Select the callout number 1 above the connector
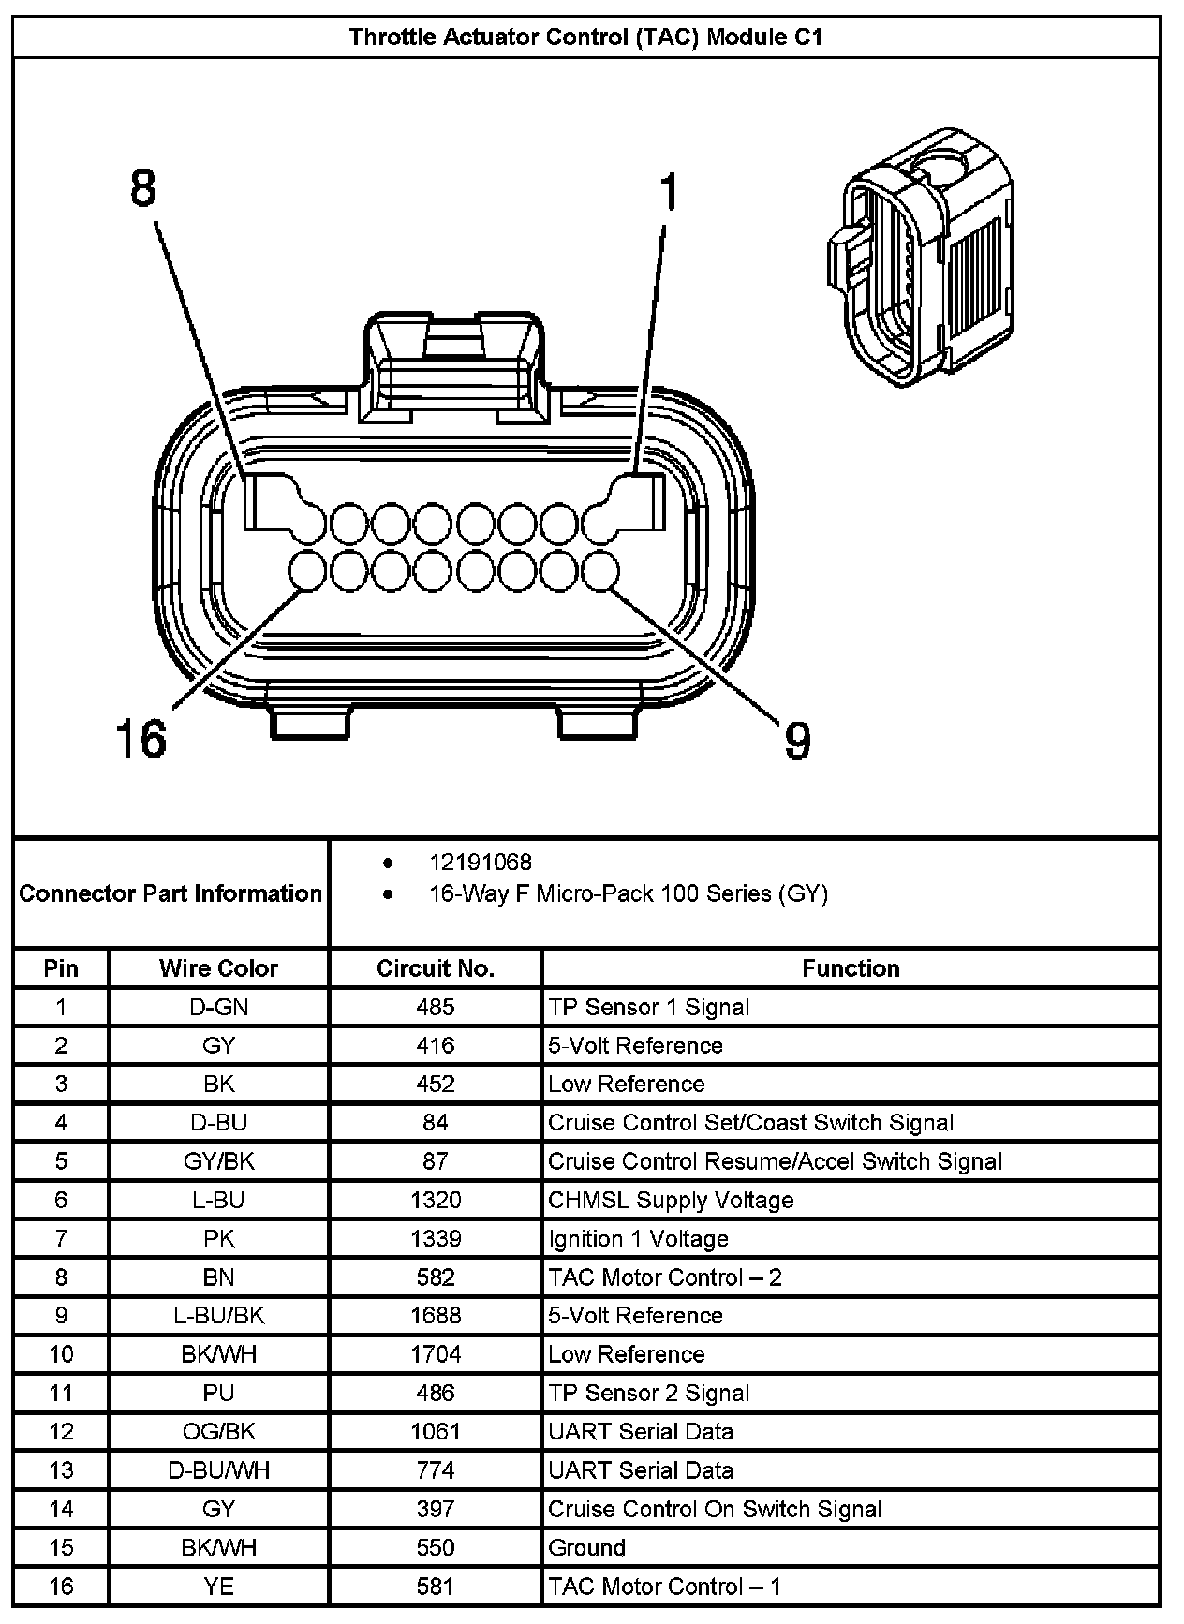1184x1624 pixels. coord(667,193)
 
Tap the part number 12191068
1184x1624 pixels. coord(480,862)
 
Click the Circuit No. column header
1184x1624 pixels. coord(435,968)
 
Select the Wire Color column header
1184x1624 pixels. coord(218,968)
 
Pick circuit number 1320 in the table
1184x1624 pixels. coord(435,1200)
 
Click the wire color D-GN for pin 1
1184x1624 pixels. coord(218,1007)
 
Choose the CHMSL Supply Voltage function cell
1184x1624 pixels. coord(671,1200)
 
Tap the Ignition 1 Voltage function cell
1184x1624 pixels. coord(638,1238)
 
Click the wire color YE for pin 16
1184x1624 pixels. coord(218,1586)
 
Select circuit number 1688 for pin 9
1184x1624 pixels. coord(435,1315)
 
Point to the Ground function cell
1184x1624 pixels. coord(586,1547)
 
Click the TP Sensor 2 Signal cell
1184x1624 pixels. coord(648,1393)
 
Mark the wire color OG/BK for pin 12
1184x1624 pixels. coord(218,1431)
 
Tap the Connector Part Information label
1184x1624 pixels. coord(170,893)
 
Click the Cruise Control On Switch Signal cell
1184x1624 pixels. coord(715,1509)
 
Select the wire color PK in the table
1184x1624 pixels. coord(218,1238)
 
